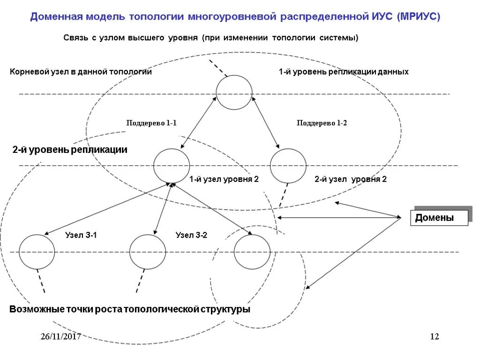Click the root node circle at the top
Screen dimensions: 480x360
(x=234, y=92)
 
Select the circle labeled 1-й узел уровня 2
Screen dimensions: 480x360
(x=172, y=165)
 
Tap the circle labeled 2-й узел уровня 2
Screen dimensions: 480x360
(x=288, y=165)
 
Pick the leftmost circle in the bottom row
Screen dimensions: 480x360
(x=37, y=252)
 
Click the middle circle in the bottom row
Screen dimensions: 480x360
(x=148, y=252)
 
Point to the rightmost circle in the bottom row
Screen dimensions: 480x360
(x=252, y=252)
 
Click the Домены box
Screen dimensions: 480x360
(x=439, y=218)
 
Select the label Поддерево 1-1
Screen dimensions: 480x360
(x=151, y=123)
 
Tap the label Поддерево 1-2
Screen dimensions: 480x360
(x=322, y=123)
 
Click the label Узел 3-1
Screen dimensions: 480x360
(x=81, y=235)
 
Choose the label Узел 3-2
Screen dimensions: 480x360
(x=191, y=235)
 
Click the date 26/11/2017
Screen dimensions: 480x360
(x=60, y=337)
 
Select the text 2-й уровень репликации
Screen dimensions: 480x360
(x=70, y=150)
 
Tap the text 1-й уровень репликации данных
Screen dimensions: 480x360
(x=344, y=72)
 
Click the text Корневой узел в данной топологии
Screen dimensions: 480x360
(x=81, y=72)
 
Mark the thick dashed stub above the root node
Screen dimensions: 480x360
(x=218, y=67)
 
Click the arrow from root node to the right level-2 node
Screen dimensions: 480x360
(x=266, y=122)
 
